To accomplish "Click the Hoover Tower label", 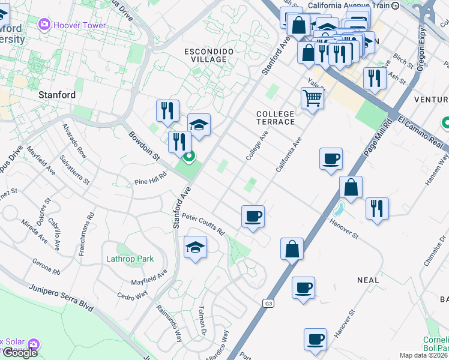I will pos(80,25).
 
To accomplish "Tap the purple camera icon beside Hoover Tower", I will pos(44,25).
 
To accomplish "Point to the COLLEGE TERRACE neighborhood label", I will pos(276,118).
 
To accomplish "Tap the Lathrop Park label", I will pos(130,259).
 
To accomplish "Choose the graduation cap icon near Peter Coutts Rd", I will pos(195,247).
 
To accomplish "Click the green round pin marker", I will pos(189,158).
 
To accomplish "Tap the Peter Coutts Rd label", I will pos(203,224).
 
